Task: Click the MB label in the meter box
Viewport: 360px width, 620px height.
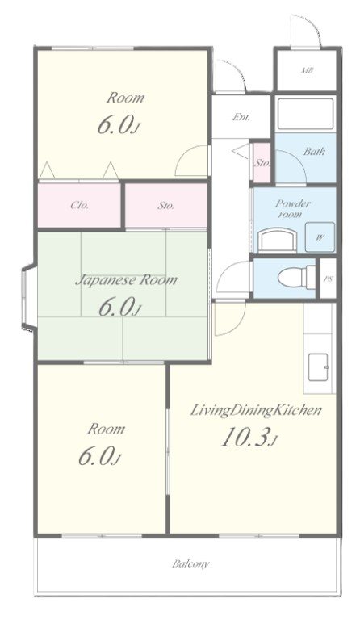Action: [307, 71]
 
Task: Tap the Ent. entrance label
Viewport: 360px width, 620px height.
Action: [241, 117]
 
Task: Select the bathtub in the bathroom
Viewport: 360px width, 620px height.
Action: [305, 114]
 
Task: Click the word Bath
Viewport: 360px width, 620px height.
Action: [314, 152]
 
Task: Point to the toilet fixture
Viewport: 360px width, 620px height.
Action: [296, 276]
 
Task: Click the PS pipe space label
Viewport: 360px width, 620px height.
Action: [328, 279]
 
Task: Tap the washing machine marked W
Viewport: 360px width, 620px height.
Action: [320, 237]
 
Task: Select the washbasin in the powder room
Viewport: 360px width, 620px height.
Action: [277, 241]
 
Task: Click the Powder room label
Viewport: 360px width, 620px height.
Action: [293, 209]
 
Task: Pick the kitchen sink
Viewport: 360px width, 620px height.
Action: [318, 367]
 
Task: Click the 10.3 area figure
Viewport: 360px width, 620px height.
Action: [247, 437]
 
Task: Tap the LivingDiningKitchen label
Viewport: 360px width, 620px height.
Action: [256, 410]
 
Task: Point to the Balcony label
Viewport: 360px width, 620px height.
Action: [190, 563]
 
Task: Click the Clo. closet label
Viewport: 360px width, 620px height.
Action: [79, 205]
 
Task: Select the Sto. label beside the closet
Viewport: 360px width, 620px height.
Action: [165, 205]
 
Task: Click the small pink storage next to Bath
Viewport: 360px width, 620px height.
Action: [262, 162]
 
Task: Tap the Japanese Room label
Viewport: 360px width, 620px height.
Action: [126, 280]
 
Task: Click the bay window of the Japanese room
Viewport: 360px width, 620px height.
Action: [29, 297]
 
